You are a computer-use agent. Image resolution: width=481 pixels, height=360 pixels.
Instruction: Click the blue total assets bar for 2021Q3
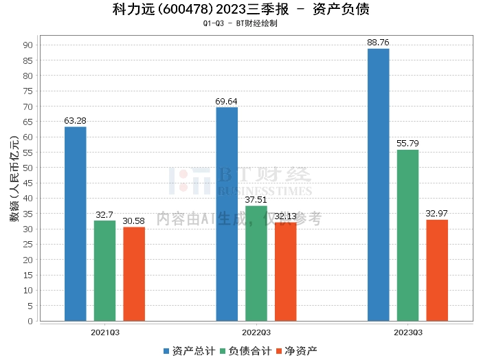pyautogui.click(x=76, y=224)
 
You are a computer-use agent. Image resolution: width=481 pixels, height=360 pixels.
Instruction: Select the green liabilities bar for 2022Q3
pyautogui.click(x=256, y=263)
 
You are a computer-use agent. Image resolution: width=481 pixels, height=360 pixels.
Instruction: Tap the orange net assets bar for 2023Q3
pyautogui.click(x=437, y=271)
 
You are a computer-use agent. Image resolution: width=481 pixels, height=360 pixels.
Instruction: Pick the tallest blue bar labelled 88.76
pyautogui.click(x=378, y=185)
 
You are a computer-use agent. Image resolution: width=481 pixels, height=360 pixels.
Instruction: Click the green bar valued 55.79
pyautogui.click(x=407, y=236)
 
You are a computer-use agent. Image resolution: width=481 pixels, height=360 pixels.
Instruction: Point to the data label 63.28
pyautogui.click(x=75, y=120)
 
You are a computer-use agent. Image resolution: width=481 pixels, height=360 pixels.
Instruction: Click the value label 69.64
pyautogui.click(x=226, y=101)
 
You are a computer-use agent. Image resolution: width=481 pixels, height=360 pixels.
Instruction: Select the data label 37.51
pyautogui.click(x=256, y=200)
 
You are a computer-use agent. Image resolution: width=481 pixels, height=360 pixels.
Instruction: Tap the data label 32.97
pyautogui.click(x=436, y=214)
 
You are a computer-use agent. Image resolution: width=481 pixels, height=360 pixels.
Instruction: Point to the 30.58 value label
pyautogui.click(x=134, y=221)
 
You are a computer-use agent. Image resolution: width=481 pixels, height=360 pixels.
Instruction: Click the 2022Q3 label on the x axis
pyautogui.click(x=256, y=333)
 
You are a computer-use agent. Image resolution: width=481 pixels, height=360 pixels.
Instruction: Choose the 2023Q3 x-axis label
pyautogui.click(x=408, y=333)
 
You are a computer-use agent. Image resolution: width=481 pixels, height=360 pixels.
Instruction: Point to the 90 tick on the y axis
pyautogui.click(x=28, y=45)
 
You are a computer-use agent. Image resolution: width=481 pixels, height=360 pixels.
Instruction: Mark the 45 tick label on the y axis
pyautogui.click(x=28, y=183)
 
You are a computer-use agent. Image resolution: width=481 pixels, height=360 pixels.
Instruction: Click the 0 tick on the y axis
pyautogui.click(x=30, y=321)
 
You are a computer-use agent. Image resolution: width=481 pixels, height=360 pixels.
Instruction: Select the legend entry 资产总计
pyautogui.click(x=190, y=351)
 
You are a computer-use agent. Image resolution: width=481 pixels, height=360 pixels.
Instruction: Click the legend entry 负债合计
pyautogui.click(x=246, y=351)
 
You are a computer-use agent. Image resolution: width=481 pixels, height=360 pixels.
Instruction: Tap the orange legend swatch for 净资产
pyautogui.click(x=279, y=351)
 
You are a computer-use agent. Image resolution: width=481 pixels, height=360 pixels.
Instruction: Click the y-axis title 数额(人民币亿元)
pyautogui.click(x=14, y=179)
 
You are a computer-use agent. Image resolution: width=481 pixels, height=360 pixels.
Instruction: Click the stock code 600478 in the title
pyautogui.click(x=186, y=10)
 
